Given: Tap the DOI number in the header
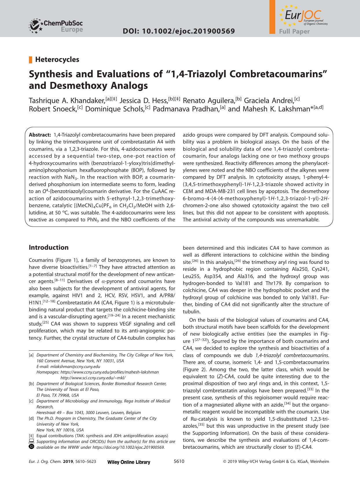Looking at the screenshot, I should pyautogui.click(x=179, y=31).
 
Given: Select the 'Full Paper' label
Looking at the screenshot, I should pyautogui.click(x=294, y=32).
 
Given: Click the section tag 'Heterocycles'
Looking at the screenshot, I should pyautogui.click(x=57, y=60).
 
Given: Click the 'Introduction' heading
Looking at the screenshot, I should pyautogui.click(x=49, y=247).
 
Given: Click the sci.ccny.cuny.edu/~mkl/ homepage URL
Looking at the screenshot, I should pyautogui.click(x=93, y=378).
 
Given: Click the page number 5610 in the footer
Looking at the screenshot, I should pyautogui.click(x=179, y=461).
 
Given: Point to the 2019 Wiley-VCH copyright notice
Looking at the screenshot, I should pyautogui.click(x=276, y=462).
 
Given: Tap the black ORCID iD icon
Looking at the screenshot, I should pyautogui.click(x=32, y=447).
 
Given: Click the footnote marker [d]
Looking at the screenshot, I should pyautogui.click(x=31, y=418).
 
